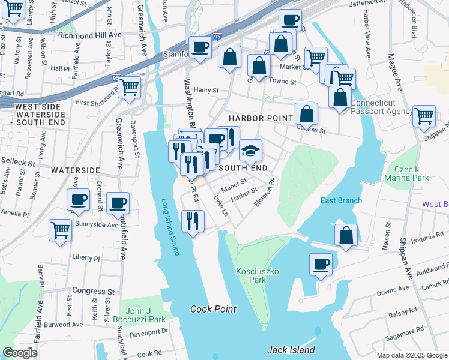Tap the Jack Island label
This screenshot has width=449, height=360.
(x=291, y=350)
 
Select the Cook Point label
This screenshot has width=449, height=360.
(x=213, y=309)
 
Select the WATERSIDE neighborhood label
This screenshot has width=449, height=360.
(x=75, y=170)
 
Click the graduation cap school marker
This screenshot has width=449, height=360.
(x=250, y=151)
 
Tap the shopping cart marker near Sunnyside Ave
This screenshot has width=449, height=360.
(x=61, y=230)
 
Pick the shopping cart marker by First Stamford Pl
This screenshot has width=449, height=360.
(x=130, y=88)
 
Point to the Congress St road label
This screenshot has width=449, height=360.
(x=93, y=290)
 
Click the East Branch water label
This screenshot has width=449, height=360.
(x=341, y=200)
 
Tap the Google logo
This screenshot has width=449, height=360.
(x=20, y=353)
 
